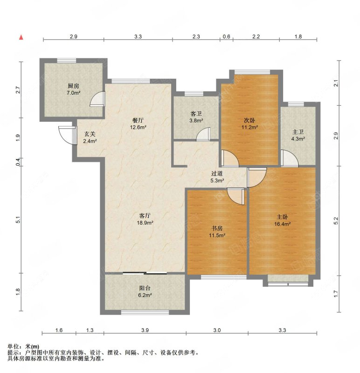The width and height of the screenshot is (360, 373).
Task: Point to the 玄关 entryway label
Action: tap(90, 134)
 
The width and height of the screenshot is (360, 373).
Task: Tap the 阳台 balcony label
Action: tap(145, 288)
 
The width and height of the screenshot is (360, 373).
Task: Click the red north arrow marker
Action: tap(21, 37)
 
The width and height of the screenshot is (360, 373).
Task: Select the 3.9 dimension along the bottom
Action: tap(145, 331)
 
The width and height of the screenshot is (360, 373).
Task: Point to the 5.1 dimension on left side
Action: tap(18, 220)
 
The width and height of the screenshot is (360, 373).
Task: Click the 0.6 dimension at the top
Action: tap(226, 36)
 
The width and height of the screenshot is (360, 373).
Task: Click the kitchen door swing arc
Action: tap(98, 98)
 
